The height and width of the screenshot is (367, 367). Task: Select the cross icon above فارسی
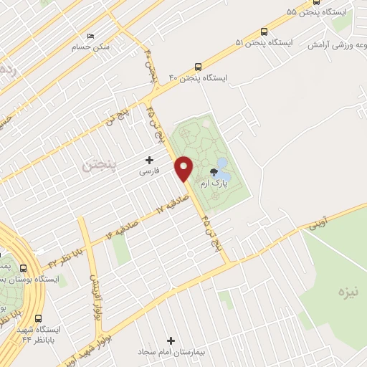[150, 159]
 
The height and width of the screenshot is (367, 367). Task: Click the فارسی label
[150, 172]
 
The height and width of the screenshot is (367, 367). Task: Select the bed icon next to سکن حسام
[90, 36]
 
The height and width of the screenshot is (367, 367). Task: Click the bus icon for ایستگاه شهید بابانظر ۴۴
[37, 319]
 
